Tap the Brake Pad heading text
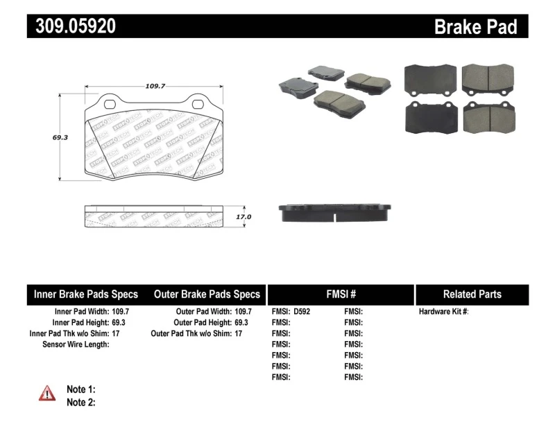(475, 26)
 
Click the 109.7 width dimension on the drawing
(155, 86)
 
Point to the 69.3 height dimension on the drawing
(60, 137)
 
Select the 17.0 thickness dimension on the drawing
(244, 217)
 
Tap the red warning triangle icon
(47, 394)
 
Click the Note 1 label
(80, 389)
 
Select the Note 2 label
(80, 402)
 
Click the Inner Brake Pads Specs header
(86, 295)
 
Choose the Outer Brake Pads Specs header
(207, 295)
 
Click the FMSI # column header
(341, 295)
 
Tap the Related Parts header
(472, 295)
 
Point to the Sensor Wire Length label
(76, 344)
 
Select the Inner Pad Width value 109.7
(121, 312)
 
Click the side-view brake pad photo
(336, 213)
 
